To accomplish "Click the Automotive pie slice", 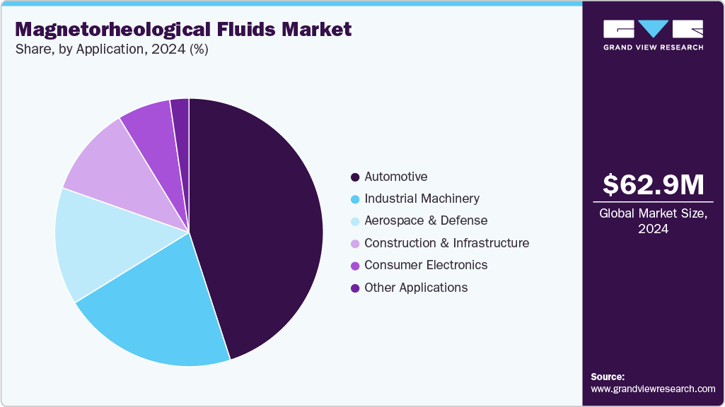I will (262, 226).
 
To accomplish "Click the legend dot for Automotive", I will (354, 177).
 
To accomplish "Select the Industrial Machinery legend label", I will (422, 199).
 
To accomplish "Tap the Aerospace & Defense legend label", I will (426, 220).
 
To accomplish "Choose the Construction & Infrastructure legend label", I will (446, 243).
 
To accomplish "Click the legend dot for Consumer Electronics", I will (354, 266).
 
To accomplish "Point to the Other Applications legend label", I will (416, 288).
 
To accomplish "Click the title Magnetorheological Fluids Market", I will (183, 29).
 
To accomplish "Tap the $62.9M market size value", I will (653, 184).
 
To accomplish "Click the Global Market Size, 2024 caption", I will (653, 221).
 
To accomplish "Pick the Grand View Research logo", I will (653, 35).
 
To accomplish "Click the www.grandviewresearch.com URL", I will (653, 389).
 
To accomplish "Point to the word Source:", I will (608, 377).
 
